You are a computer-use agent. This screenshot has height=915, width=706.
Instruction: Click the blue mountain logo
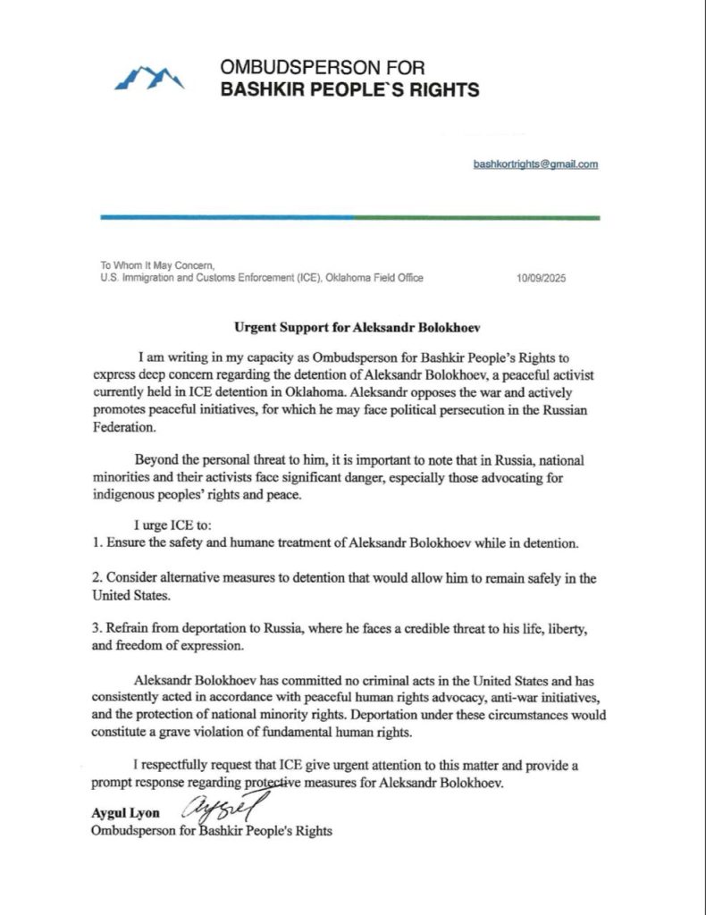149,78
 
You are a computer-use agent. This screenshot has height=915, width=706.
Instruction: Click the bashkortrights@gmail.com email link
536,164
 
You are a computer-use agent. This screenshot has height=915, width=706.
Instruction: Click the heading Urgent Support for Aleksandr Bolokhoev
352,326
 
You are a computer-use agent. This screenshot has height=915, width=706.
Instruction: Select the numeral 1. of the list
97,542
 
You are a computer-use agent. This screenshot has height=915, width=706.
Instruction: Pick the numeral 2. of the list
97,579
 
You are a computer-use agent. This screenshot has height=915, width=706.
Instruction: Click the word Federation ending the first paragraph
124,440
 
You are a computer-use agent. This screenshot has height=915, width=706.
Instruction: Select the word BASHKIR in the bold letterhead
260,90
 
